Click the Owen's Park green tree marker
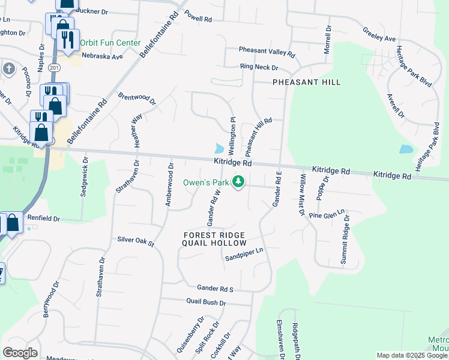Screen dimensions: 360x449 [239, 181]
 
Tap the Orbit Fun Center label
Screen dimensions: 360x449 [110, 43]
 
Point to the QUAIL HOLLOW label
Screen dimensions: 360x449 [214, 243]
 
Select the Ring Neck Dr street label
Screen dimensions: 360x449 [259, 68]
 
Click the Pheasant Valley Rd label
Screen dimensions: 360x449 [267, 52]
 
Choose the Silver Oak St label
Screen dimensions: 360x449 [136, 241]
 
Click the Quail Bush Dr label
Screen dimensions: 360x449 [206, 303]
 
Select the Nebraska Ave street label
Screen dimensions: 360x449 [103, 56]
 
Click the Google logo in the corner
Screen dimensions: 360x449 [20, 353]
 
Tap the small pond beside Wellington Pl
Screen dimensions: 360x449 [219, 148]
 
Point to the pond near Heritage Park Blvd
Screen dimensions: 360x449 [406, 149]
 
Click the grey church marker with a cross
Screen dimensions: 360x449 [8, 68]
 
